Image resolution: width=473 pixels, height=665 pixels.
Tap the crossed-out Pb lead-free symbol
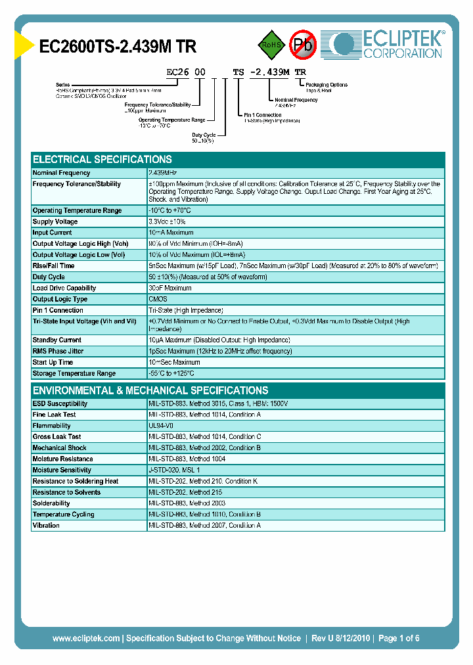(303, 45)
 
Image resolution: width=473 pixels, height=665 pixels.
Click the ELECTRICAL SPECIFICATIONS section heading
(102, 160)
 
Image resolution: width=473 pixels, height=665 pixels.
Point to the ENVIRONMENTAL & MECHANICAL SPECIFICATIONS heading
(150, 390)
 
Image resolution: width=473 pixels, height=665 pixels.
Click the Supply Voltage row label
(55, 221)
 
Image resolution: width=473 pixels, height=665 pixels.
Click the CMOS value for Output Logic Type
(158, 299)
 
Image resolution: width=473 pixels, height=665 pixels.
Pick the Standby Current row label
(57, 340)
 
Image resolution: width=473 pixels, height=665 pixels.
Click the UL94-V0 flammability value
(161, 426)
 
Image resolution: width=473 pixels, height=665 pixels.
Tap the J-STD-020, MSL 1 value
(174, 470)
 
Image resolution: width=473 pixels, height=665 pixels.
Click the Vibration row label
(46, 525)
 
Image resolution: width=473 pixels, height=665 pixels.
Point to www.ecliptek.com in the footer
(86, 638)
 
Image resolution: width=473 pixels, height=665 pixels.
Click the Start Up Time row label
(53, 362)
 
